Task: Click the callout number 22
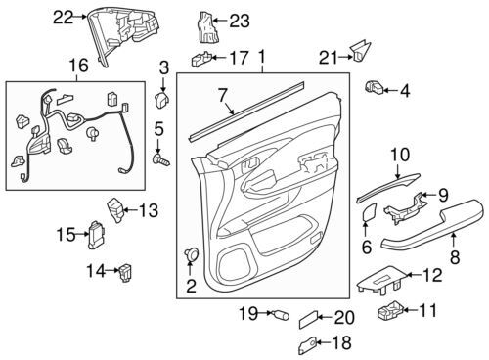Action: (x=64, y=17)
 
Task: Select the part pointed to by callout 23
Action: (x=206, y=27)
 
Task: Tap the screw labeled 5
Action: (x=161, y=160)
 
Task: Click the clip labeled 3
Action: (x=161, y=100)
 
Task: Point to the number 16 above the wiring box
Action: (x=79, y=66)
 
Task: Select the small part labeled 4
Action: (x=375, y=87)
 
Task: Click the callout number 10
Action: (x=400, y=155)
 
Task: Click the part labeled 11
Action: (x=390, y=310)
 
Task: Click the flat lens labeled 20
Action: (x=308, y=319)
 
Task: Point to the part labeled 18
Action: (x=307, y=345)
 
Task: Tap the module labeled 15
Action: (x=96, y=235)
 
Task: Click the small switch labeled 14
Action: (x=126, y=272)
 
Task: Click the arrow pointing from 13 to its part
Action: (x=131, y=210)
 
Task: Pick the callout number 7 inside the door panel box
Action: (x=223, y=96)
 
